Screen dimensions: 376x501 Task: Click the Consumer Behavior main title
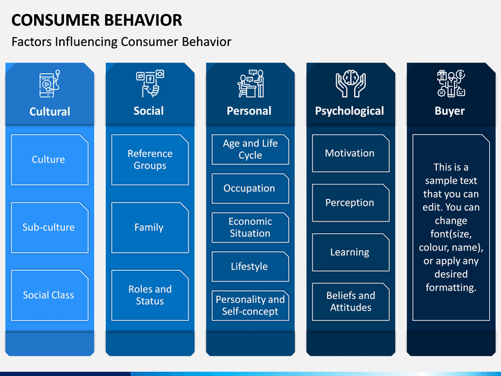pos(97,19)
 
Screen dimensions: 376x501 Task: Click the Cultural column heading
pos(49,111)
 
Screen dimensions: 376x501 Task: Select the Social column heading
pos(149,111)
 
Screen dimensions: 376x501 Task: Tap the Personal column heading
pos(249,111)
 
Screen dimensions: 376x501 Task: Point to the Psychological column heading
pos(349,111)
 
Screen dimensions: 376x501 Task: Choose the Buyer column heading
pos(450,111)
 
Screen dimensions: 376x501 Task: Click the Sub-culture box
pos(49,227)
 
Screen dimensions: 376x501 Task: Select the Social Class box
pos(49,295)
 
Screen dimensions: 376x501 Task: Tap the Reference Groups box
pos(150,159)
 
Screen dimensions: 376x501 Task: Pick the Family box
pos(150,227)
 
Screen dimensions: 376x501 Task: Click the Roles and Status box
pos(150,295)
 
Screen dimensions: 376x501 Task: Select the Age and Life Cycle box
pos(250,149)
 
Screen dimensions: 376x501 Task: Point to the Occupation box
pos(250,188)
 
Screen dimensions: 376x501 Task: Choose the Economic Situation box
pos(250,227)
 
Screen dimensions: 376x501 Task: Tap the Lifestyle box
pos(250,266)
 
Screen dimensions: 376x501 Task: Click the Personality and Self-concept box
pos(250,305)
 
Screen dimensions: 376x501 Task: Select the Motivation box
pos(350,153)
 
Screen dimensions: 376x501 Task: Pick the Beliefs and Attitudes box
pos(350,301)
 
